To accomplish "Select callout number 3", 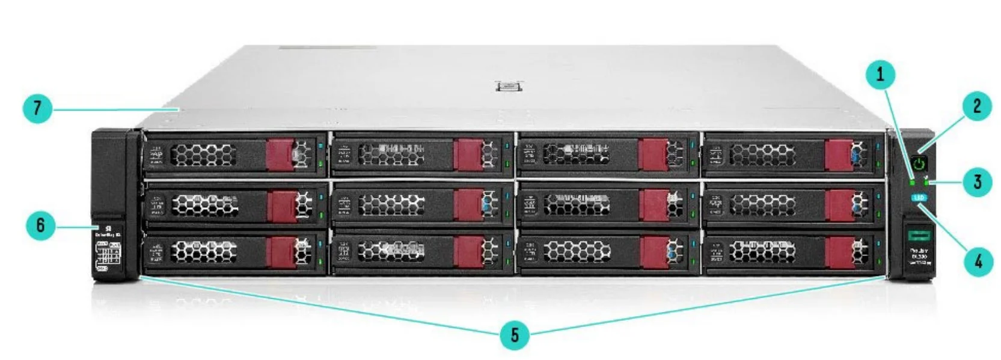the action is point(977,181).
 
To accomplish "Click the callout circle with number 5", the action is point(515,334).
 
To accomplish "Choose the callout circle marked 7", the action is point(38,109).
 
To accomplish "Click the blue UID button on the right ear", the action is point(919,198).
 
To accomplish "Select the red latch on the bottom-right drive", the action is point(839,252).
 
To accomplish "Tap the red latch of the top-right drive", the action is point(839,154).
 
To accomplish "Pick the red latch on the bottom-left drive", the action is point(280,252).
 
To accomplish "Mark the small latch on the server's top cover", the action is point(509,87).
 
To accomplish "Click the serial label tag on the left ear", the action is point(108,255).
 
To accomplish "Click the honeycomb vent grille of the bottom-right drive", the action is point(762,252).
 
